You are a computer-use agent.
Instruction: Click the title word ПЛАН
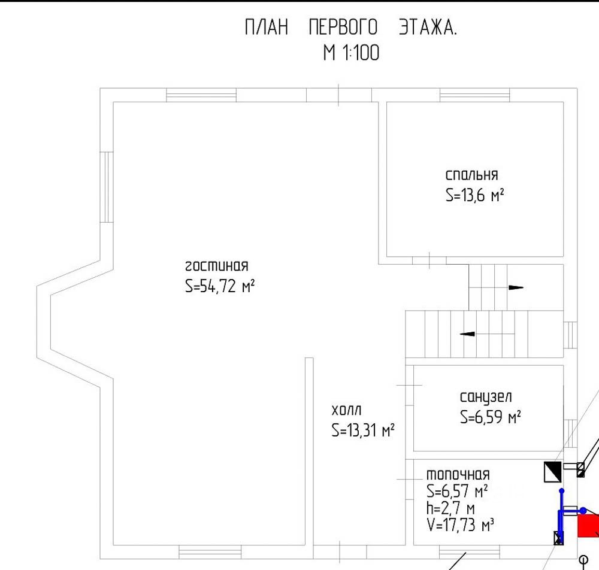(267, 28)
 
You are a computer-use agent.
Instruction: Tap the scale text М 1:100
(351, 53)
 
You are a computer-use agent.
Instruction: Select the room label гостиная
(216, 266)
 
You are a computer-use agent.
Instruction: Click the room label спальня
(471, 175)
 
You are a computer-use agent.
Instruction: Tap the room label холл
(347, 410)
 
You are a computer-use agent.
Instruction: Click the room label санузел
(486, 397)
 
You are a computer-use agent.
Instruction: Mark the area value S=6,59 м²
(490, 417)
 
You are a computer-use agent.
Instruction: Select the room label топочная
(458, 474)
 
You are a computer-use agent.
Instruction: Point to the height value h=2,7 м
(450, 509)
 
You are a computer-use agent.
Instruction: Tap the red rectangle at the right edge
(588, 525)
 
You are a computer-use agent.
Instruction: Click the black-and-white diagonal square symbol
(552, 472)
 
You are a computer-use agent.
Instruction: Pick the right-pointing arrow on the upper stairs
(515, 287)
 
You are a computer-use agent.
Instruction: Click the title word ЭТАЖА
(428, 28)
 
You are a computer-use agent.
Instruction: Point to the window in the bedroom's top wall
(474, 95)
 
